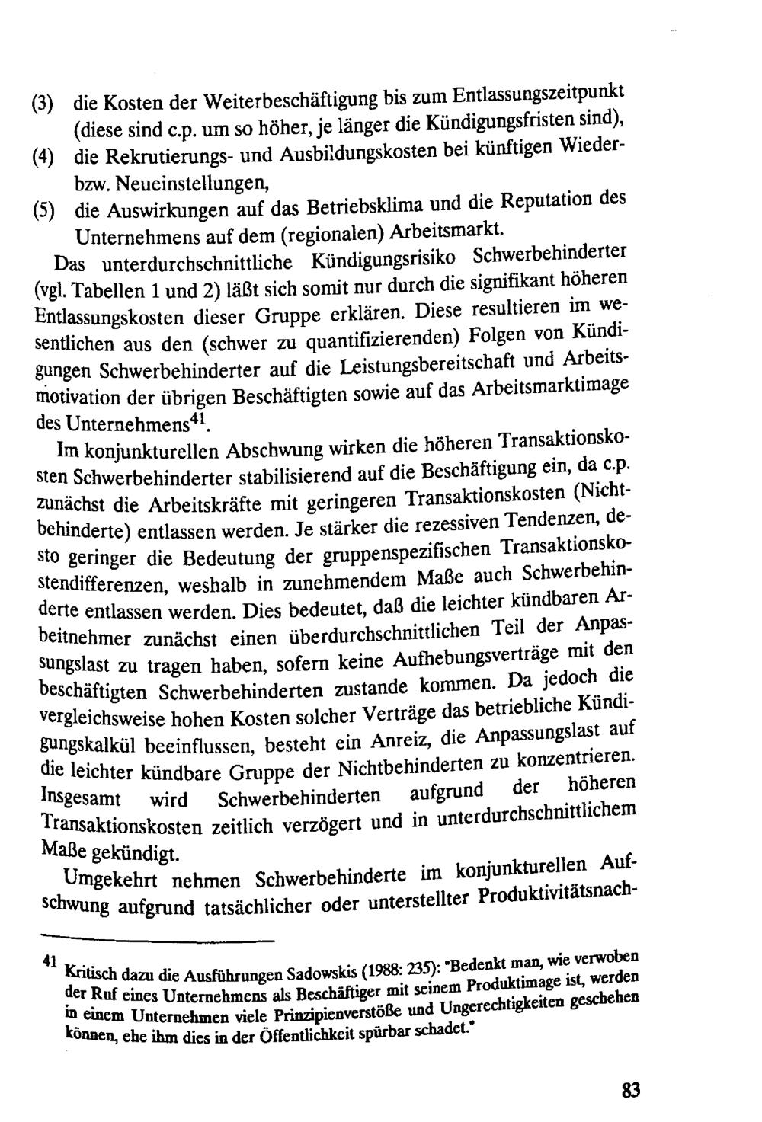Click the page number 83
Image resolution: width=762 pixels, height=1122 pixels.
tap(630, 1090)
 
